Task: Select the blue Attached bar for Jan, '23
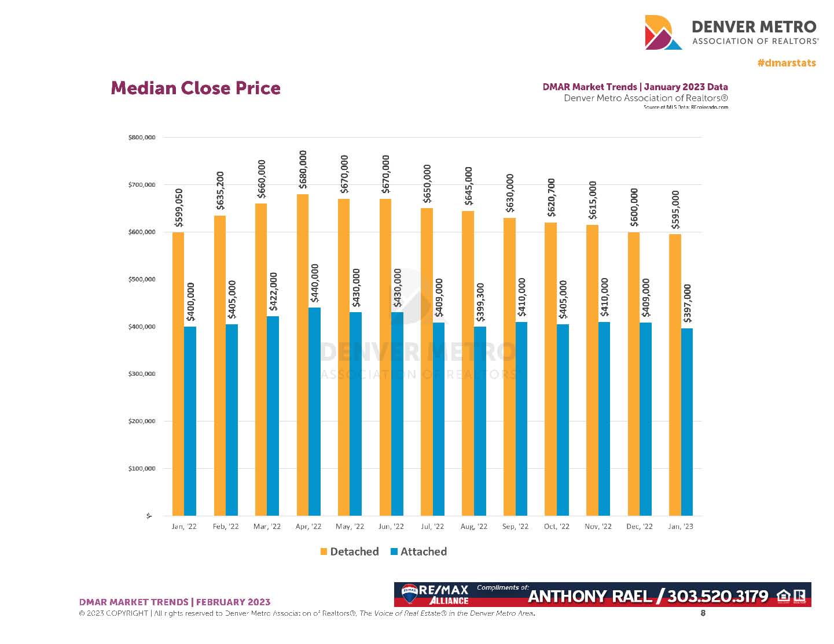[x=687, y=421]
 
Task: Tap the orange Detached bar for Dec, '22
[x=634, y=373]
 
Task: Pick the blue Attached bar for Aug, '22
[x=480, y=421]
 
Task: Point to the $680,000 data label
[x=303, y=169]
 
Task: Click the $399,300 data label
[x=480, y=302]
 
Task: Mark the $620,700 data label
[x=552, y=198]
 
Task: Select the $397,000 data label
[x=688, y=304]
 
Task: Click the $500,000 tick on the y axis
[x=142, y=279]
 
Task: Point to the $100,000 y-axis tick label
[x=142, y=468]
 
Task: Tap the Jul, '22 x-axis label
[x=432, y=527]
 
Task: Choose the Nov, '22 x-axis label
[x=598, y=527]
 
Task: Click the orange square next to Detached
[x=324, y=552]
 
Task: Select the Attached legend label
[x=423, y=552]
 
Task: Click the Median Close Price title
[x=196, y=88]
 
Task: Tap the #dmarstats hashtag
[x=787, y=63]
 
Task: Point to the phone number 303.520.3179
[x=718, y=597]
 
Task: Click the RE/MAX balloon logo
[x=410, y=594]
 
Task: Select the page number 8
[x=703, y=613]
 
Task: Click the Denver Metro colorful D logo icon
[x=663, y=32]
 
